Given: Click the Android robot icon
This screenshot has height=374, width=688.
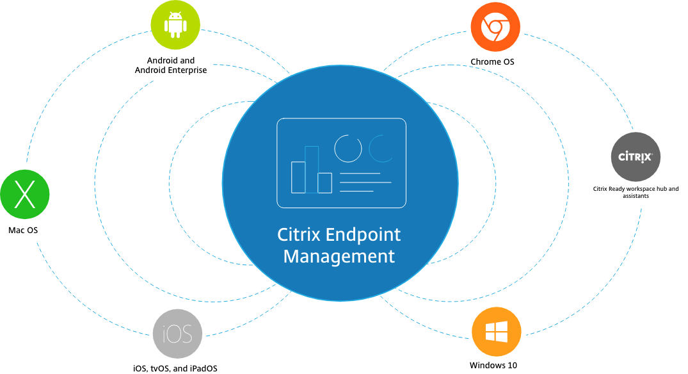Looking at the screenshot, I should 175,26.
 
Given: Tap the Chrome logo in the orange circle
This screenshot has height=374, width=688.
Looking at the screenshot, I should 495,27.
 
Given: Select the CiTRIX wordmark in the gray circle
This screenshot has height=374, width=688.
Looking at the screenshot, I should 635,157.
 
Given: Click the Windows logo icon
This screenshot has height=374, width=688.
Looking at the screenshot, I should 497,332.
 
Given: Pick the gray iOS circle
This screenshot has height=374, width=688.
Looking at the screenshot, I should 177,334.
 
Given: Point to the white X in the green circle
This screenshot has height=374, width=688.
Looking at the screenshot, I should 24,195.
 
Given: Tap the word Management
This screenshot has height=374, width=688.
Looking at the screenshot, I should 339,257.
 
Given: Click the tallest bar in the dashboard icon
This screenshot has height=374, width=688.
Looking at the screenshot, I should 312,169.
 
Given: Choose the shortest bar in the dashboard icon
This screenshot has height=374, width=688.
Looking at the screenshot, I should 325,183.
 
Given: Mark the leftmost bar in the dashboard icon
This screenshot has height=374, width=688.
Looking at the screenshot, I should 298,177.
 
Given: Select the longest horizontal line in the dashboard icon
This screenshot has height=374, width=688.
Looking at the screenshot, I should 365,183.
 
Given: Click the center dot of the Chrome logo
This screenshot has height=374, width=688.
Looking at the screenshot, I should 495,27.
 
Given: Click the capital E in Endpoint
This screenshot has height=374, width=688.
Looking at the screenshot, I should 331,234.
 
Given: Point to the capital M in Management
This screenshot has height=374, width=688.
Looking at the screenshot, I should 291,257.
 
